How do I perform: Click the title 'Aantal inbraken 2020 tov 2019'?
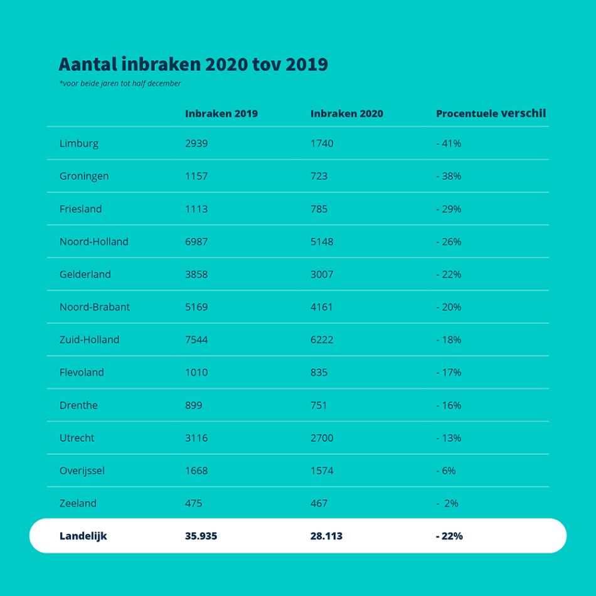coord(193,65)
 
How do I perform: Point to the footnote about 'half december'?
coord(120,83)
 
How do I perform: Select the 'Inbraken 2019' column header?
coord(221,114)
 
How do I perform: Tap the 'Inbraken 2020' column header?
coord(346,114)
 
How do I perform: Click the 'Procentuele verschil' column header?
coord(491,114)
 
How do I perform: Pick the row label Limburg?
coord(79,144)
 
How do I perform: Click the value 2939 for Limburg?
coord(196,144)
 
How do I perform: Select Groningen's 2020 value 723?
coord(319,176)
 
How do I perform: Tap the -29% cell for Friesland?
coord(449,209)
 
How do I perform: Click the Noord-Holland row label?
coord(94,242)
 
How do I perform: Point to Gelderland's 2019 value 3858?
coord(196,274)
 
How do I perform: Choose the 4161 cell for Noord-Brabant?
coord(322,307)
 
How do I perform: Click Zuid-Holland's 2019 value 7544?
coord(196,339)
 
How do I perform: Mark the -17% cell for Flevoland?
coord(449,372)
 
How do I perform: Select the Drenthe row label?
coord(78,405)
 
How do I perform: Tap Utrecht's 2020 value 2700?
coord(322,438)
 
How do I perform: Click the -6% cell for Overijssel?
coord(446,471)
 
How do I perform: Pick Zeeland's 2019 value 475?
coord(193,503)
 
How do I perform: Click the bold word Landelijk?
coord(83,536)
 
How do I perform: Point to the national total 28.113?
coord(326,536)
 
